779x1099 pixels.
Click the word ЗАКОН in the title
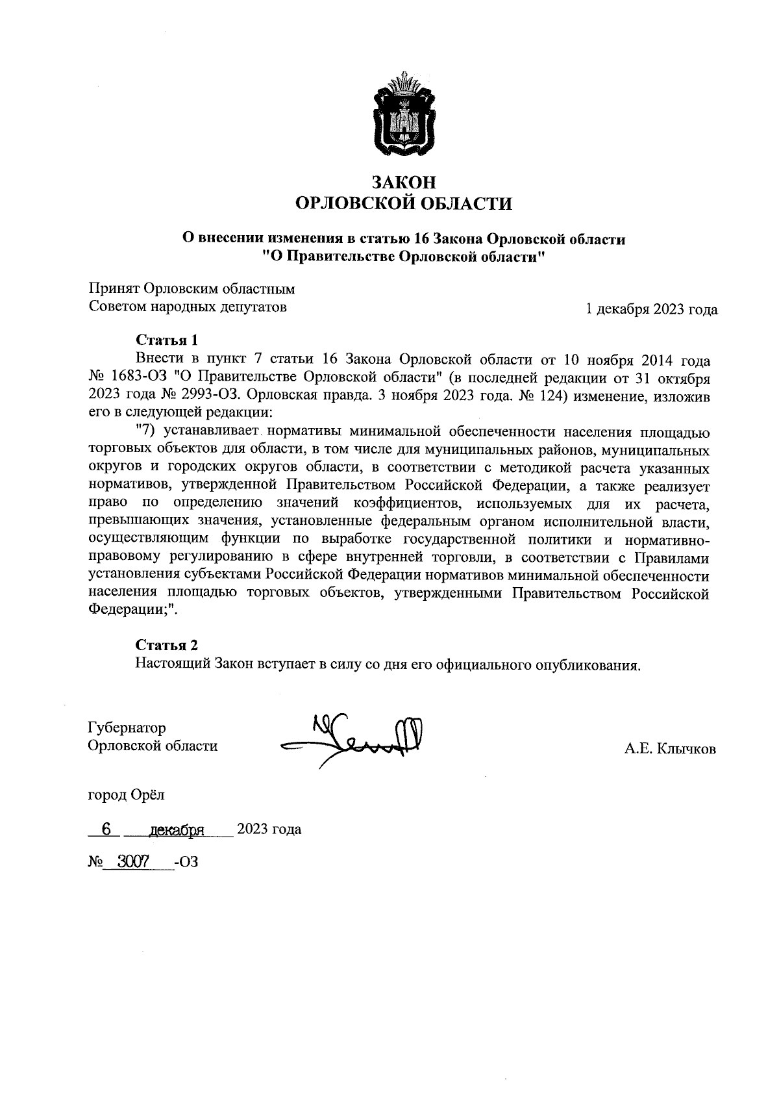pyautogui.click(x=403, y=183)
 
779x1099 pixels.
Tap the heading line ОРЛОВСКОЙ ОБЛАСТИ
pyautogui.click(x=403, y=204)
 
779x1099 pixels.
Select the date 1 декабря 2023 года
pyautogui.click(x=651, y=310)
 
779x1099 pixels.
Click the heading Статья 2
pyautogui.click(x=166, y=645)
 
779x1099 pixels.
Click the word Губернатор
pyautogui.click(x=127, y=727)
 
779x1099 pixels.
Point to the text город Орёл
pyautogui.click(x=127, y=794)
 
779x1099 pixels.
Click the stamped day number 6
pyautogui.click(x=106, y=829)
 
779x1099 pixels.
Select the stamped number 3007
pyautogui.click(x=133, y=861)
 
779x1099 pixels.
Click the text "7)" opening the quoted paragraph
pyautogui.click(x=147, y=430)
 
